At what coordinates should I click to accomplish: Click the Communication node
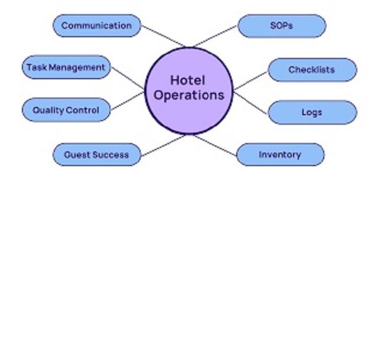97,25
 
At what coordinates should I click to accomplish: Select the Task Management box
66,67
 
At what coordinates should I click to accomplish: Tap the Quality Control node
66,110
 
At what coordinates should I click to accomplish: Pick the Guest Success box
97,155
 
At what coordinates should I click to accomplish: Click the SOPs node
281,26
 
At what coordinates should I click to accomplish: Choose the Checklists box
312,70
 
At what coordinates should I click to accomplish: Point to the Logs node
312,112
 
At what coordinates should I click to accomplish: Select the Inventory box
280,155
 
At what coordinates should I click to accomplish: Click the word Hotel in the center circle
188,80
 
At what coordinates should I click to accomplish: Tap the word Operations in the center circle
189,95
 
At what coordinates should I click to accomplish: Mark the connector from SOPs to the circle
214,37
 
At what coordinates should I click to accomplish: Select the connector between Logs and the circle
251,102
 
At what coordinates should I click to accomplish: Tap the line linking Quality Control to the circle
127,101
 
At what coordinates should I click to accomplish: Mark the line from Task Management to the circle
128,76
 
